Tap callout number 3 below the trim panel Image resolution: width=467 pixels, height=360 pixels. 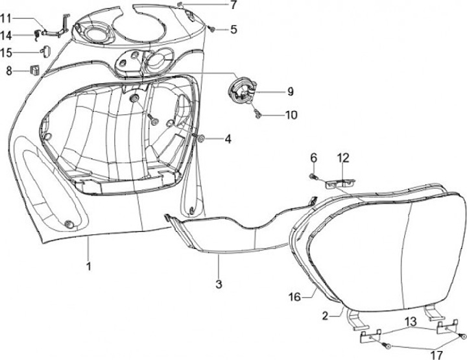(x=219, y=283)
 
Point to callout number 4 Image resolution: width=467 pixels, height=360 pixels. (x=228, y=138)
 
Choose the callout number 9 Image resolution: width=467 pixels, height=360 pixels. (x=290, y=91)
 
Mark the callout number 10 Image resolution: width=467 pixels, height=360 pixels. (x=291, y=115)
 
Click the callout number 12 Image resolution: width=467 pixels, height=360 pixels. (x=343, y=157)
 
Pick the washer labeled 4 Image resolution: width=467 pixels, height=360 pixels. (x=201, y=138)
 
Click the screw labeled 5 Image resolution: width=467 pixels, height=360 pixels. (x=213, y=29)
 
